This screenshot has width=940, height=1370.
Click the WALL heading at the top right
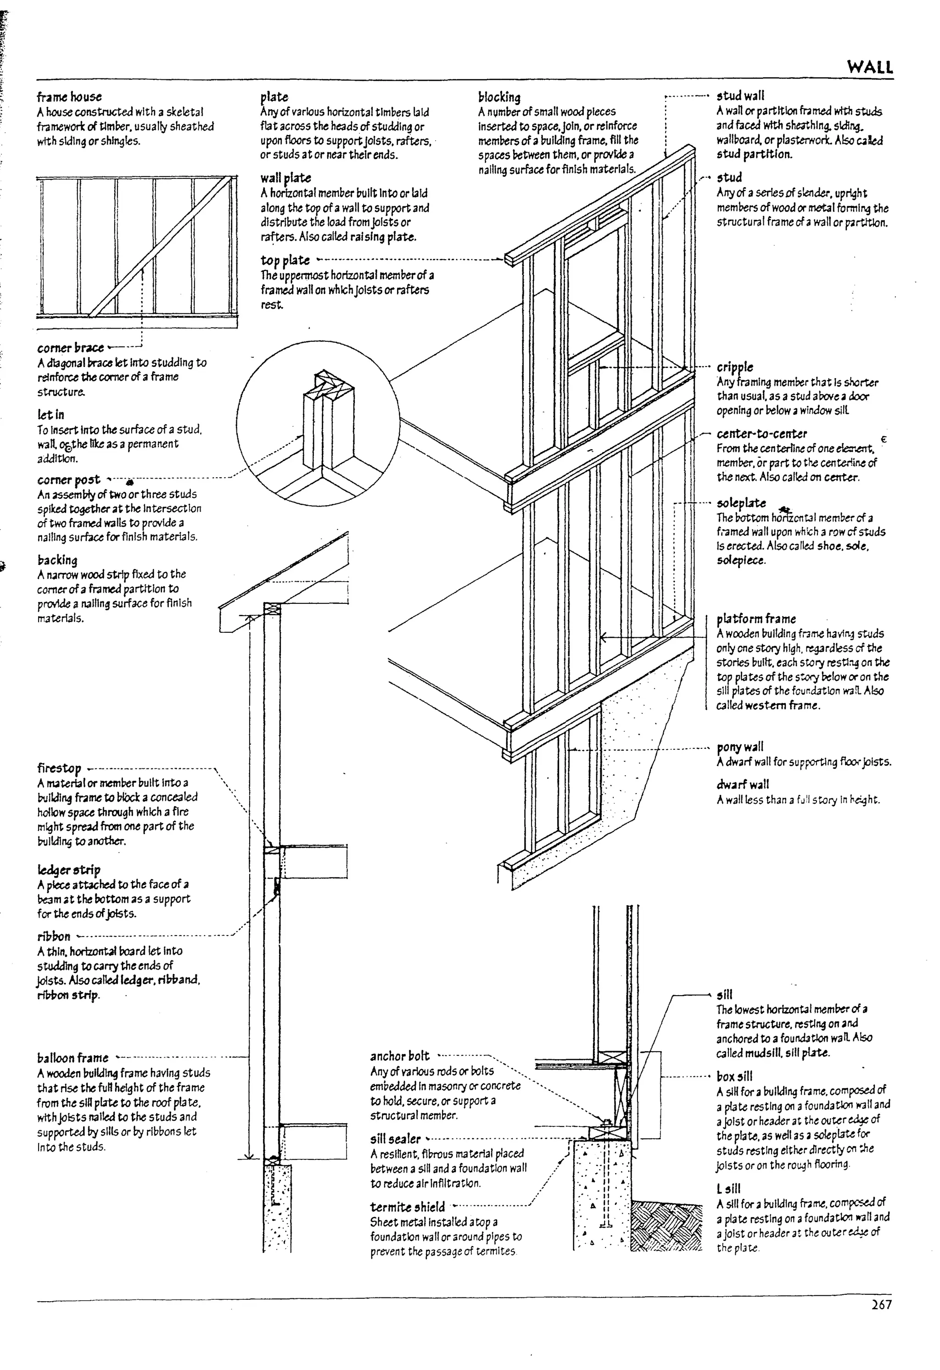click(870, 67)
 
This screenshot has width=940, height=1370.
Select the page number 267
click(881, 1304)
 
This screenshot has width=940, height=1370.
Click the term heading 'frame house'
click(69, 97)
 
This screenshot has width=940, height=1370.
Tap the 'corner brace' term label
click(70, 348)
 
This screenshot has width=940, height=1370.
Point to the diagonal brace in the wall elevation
click(159, 248)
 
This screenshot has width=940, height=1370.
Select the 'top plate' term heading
click(285, 260)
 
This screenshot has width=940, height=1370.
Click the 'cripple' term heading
click(735, 367)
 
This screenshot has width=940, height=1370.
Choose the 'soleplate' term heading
click(741, 503)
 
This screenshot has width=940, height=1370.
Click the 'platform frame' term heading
click(756, 619)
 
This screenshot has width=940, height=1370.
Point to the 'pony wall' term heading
click(740, 747)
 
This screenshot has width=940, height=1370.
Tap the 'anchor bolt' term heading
click(400, 1056)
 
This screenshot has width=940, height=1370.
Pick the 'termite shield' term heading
click(408, 1207)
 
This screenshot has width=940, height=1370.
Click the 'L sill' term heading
click(729, 1188)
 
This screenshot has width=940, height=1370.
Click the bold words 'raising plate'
click(383, 237)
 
